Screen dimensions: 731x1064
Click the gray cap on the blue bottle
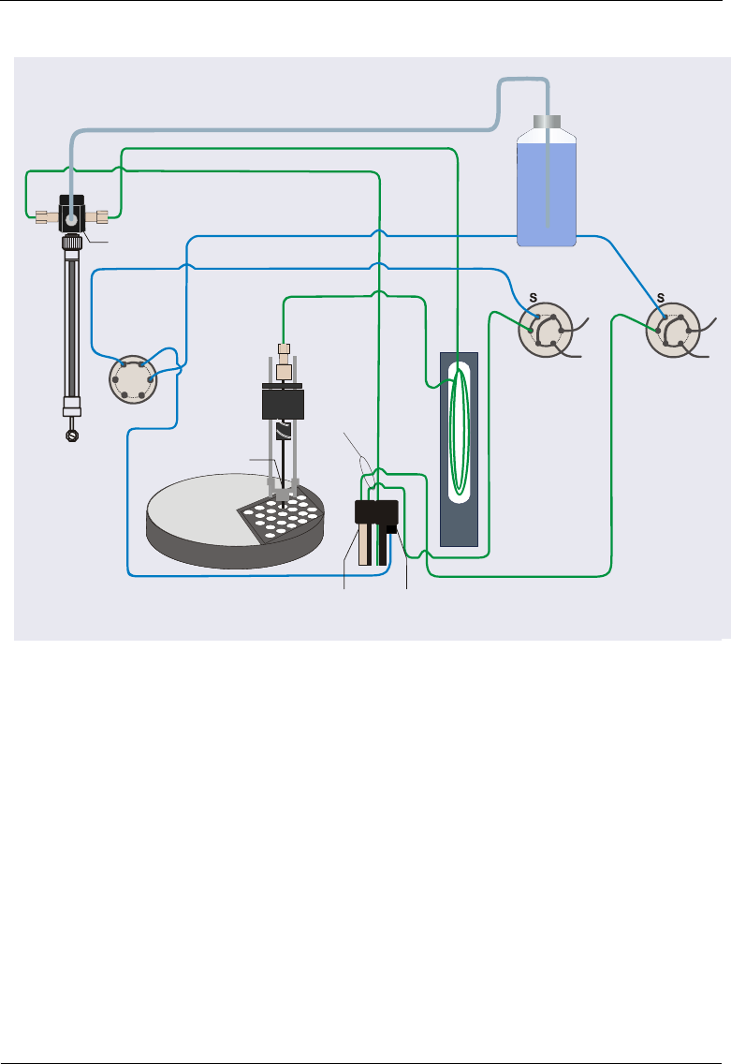(547, 123)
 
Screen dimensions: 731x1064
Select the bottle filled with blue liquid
(547, 192)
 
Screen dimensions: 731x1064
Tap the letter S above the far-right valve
(661, 297)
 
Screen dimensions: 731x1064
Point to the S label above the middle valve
(534, 297)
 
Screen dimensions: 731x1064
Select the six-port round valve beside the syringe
(131, 378)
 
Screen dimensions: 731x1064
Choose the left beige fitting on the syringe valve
(42, 216)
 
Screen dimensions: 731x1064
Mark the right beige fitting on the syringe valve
(99, 216)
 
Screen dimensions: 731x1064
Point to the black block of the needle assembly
(285, 404)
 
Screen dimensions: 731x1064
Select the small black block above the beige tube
(376, 512)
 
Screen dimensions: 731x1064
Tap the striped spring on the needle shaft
(285, 433)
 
